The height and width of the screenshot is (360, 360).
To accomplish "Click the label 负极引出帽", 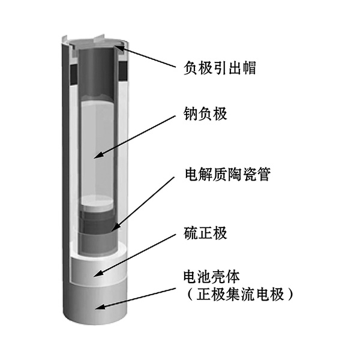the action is point(220,68).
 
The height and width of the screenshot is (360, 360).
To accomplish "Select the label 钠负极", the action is point(205,113).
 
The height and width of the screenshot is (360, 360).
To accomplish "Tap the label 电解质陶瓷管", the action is point(228,174).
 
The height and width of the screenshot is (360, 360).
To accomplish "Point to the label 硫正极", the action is point(205,233).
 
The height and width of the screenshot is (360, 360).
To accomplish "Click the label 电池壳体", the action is point(211,277).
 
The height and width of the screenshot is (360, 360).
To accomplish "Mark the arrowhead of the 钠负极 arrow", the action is point(98,155).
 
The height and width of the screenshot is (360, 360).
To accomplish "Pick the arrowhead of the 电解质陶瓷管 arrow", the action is point(115,227).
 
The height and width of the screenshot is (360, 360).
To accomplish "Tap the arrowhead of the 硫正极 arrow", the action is point(98,274).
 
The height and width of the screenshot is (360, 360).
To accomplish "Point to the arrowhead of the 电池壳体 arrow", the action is point(99,307).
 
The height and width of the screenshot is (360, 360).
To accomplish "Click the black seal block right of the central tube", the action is point(123,71).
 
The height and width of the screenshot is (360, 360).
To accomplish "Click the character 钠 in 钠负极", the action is point(191,113).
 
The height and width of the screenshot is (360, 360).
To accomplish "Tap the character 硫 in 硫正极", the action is point(191,233).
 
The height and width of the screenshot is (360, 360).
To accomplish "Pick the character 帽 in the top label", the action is point(249,68).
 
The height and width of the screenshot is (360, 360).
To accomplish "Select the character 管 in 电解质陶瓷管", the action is point(264,174).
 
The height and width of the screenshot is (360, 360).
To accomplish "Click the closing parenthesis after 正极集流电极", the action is point(290,295).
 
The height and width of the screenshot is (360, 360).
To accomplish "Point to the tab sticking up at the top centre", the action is point(99,39).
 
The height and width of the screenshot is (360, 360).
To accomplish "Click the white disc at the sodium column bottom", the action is point(97,203).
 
